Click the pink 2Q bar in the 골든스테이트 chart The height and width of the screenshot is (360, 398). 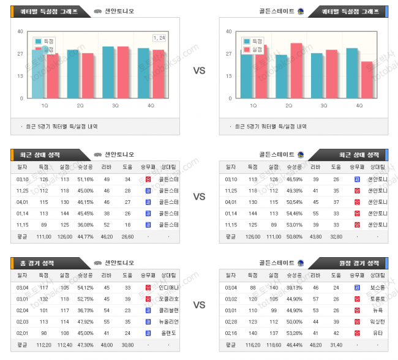pyautogui.click(x=296, y=70)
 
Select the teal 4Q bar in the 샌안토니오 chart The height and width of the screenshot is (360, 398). pyautogui.click(x=143, y=73)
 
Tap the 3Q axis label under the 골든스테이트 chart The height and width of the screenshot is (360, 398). pyautogui.click(x=324, y=105)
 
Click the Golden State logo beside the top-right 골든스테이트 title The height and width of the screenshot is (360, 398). pyautogui.click(x=300, y=12)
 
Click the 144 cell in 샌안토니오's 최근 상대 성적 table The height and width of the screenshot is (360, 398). pyautogui.click(x=65, y=213)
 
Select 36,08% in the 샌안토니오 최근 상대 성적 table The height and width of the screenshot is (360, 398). pyautogui.click(x=85, y=225)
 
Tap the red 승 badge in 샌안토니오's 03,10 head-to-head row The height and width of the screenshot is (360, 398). pyautogui.click(x=148, y=179)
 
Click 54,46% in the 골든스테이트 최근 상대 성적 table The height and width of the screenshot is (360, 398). pyautogui.click(x=295, y=213)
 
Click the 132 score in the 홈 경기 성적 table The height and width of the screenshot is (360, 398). pyautogui.click(x=43, y=299)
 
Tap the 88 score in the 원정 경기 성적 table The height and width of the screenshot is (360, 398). pyautogui.click(x=252, y=287)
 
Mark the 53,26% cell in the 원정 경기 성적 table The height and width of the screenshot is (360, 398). pyautogui.click(x=295, y=333)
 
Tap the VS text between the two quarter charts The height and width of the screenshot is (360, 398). pyautogui.click(x=199, y=70)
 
